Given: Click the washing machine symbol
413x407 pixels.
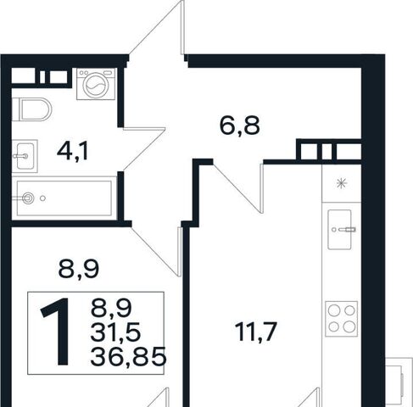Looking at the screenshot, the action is (x=97, y=84).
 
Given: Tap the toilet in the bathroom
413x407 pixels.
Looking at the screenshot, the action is (x=31, y=109).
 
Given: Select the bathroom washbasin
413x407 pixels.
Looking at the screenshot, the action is (x=25, y=156).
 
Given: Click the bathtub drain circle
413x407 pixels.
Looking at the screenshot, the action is (x=28, y=198).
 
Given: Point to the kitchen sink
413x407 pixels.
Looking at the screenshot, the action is (x=341, y=230).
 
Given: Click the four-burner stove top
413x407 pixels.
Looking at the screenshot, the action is (x=342, y=319).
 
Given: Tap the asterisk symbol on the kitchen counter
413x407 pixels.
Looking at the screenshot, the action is (x=342, y=184).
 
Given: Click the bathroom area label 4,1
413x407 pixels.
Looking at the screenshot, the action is (x=73, y=152).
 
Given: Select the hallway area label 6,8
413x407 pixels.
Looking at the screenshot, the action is (x=239, y=126).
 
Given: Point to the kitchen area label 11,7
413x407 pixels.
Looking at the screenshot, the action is (x=255, y=332).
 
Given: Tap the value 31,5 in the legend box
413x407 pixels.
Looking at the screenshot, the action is (x=115, y=332).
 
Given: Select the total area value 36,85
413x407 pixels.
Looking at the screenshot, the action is (x=128, y=357).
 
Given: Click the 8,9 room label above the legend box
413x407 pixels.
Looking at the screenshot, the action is (x=79, y=270).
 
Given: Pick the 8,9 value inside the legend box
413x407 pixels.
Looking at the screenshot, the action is (x=111, y=308).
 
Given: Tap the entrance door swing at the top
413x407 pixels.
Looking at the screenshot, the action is (x=156, y=27).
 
